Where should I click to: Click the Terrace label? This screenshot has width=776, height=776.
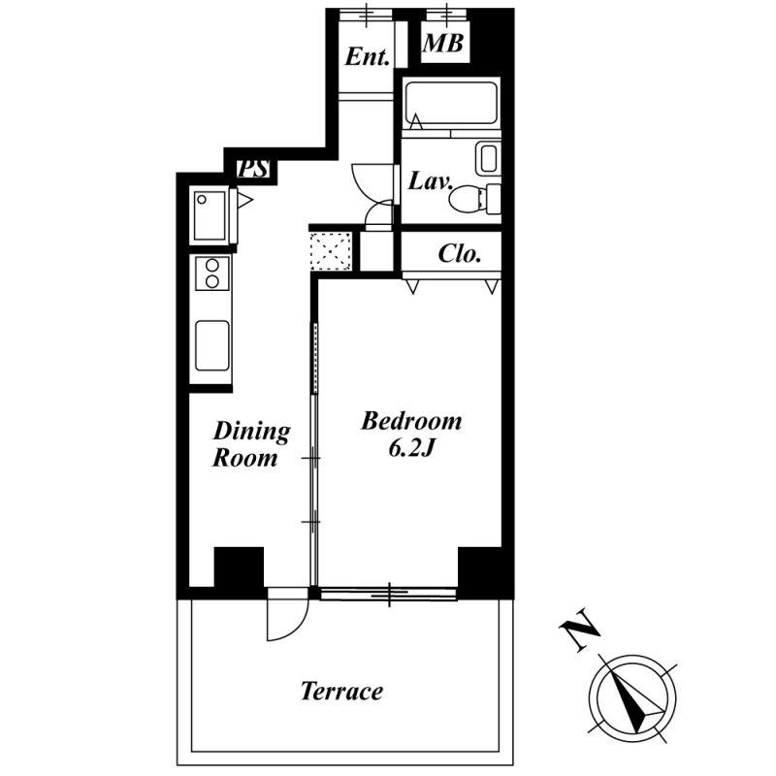tap(342, 691)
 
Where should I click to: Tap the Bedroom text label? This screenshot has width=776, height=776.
tap(411, 421)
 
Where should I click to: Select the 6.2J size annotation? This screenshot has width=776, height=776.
tap(411, 449)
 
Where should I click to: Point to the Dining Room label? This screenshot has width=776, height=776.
tap(251, 444)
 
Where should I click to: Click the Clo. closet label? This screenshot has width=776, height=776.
tap(460, 254)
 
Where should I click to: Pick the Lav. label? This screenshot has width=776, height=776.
tap(430, 181)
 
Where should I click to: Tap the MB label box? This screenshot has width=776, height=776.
tap(444, 43)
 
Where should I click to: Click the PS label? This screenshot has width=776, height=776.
tap(254, 169)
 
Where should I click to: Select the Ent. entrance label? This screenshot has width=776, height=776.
tap(367, 56)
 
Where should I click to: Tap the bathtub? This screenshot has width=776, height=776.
tap(451, 103)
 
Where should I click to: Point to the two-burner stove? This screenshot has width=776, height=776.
tap(212, 274)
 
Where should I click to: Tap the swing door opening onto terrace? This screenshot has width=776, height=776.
tap(287, 614)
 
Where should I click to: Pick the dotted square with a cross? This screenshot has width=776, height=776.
tap(331, 251)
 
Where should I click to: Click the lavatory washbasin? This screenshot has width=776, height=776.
tap(488, 158)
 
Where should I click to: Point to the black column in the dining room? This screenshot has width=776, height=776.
tap(239, 567)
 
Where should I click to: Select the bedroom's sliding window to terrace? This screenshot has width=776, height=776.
tap(389, 594)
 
